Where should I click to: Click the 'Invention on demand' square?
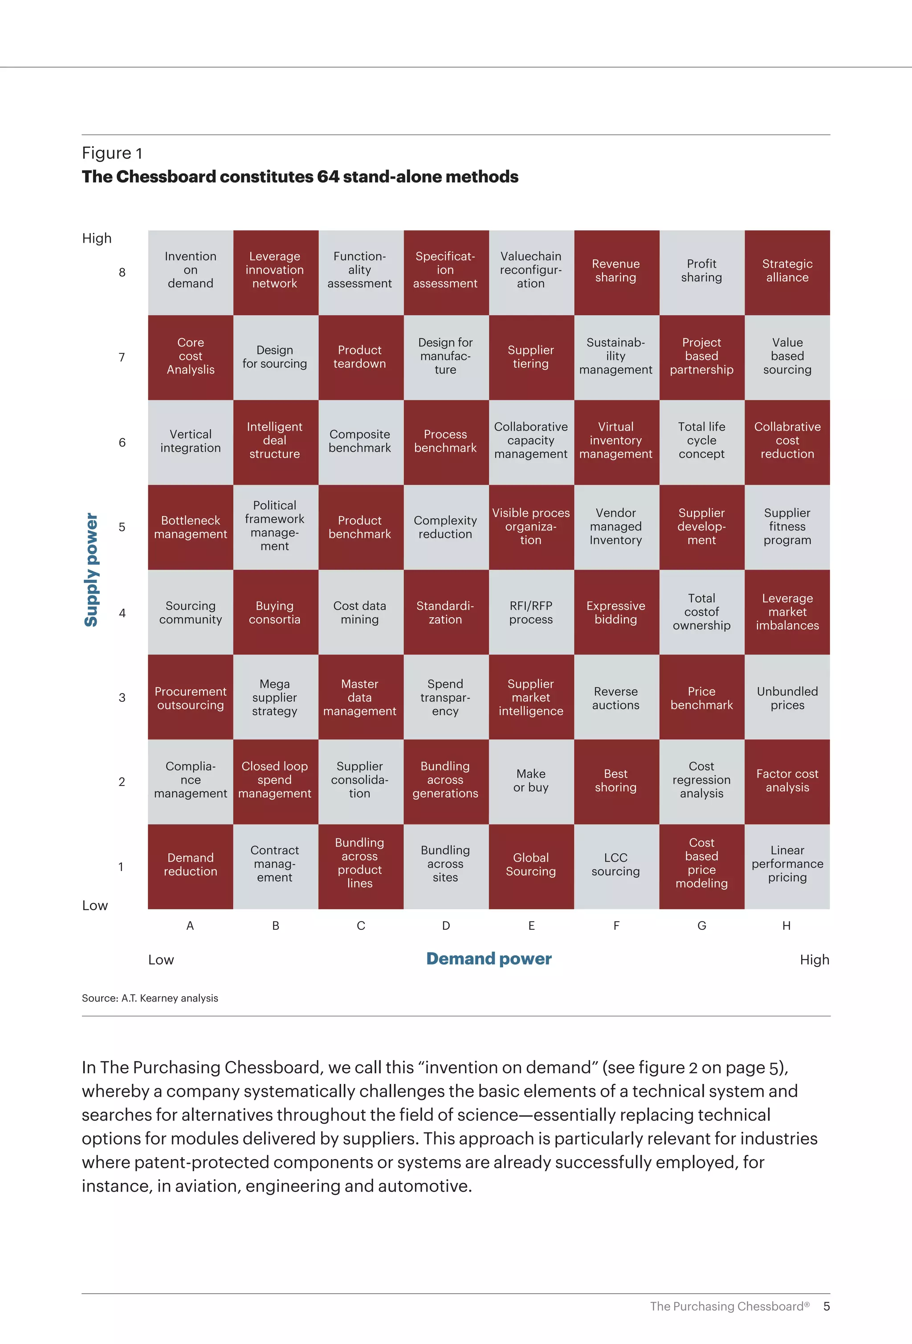(x=190, y=273)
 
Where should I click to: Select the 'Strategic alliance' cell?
(x=787, y=273)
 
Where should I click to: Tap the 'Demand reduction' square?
(x=190, y=866)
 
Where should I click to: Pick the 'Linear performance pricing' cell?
(x=787, y=866)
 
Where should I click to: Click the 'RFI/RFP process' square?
(x=531, y=612)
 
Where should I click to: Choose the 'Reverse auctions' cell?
(x=616, y=697)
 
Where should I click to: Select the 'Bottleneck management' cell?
(x=190, y=527)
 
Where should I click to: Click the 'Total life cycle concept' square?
(x=701, y=442)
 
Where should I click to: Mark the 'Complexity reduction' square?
(x=445, y=527)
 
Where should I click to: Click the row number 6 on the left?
(x=122, y=442)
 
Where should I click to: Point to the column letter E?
(x=531, y=926)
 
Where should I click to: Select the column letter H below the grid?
(x=786, y=926)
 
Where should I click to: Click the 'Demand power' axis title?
(x=489, y=959)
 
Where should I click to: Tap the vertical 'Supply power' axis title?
(x=91, y=570)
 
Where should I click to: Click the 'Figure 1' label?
(x=112, y=153)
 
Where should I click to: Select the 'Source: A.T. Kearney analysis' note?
(x=150, y=998)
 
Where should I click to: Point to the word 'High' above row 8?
(x=97, y=238)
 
